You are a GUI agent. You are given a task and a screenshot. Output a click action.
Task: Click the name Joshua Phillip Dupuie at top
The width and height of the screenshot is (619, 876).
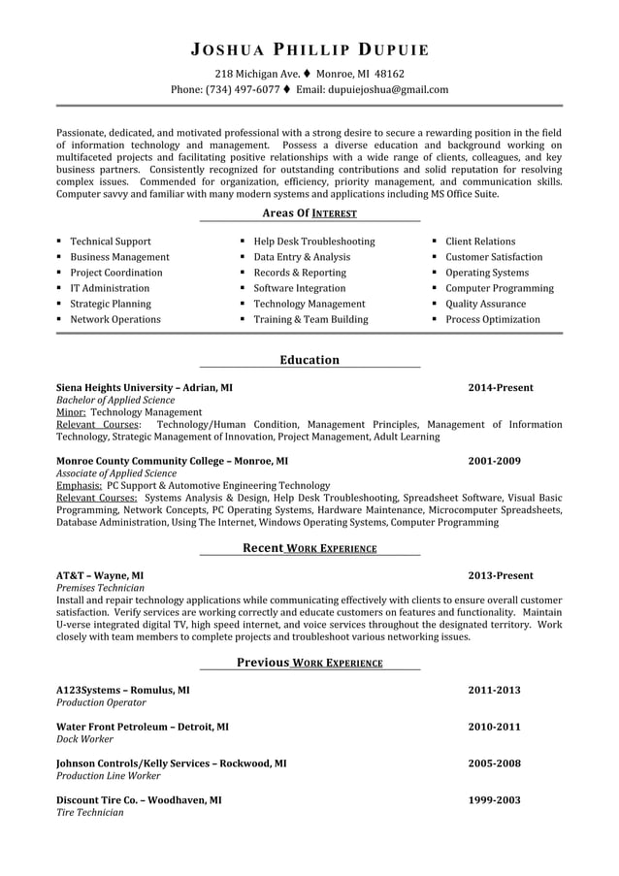[309, 49]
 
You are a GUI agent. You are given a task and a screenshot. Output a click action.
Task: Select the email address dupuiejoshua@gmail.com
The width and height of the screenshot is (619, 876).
[386, 89]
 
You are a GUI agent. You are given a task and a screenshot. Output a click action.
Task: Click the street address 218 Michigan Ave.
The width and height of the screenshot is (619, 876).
[256, 74]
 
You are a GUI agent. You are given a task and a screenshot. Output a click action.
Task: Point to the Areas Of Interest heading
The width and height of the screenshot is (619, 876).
[309, 213]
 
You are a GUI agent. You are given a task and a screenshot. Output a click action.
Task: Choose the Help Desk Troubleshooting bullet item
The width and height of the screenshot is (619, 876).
[313, 242]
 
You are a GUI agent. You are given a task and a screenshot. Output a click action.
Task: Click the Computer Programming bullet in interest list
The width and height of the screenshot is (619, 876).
[499, 288]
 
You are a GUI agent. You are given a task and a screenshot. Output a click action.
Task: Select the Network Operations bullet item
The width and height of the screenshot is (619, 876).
[114, 319]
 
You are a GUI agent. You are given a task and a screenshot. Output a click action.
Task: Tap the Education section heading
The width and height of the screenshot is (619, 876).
[309, 360]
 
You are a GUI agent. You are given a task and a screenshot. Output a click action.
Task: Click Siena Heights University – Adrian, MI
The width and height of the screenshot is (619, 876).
[144, 387]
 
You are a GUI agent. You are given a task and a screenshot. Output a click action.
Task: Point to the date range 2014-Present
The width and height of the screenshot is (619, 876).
[500, 387]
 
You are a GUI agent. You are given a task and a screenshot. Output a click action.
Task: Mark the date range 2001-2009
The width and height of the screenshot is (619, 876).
[494, 461]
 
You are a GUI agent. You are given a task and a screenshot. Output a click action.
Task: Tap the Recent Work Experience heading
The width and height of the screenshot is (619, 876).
[309, 548]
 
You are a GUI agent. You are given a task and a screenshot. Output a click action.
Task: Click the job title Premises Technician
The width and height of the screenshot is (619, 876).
[100, 588]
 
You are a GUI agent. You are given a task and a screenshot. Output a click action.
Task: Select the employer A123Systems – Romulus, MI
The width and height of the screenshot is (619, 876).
[122, 690]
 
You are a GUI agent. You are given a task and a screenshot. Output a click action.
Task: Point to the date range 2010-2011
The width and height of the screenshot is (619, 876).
[494, 726]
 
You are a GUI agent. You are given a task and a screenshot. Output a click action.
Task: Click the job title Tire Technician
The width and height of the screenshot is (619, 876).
[89, 812]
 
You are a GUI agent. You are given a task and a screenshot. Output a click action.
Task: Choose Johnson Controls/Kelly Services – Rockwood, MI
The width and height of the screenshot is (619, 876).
[171, 763]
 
